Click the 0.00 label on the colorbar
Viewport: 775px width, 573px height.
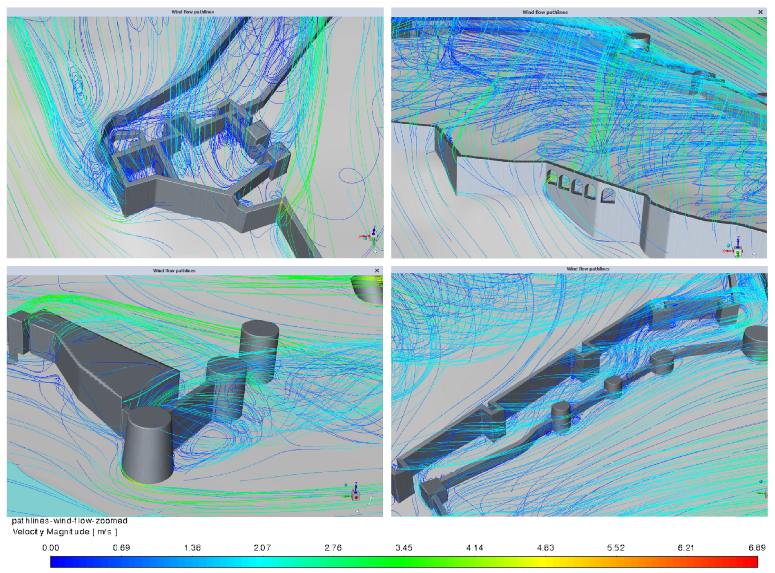tap(51, 548)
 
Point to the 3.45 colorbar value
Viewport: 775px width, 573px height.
tap(404, 548)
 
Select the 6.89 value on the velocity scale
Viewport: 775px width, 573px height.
tap(757, 548)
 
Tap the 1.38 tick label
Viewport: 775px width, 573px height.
tap(192, 548)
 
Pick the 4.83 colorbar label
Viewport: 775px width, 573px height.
tap(545, 548)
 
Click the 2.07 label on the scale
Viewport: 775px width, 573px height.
tap(262, 548)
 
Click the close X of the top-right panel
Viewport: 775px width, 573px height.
tap(760, 12)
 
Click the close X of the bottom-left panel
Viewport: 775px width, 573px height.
tap(377, 271)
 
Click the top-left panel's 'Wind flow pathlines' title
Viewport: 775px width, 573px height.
tap(193, 12)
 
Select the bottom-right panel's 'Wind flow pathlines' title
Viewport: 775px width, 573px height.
tap(588, 269)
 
